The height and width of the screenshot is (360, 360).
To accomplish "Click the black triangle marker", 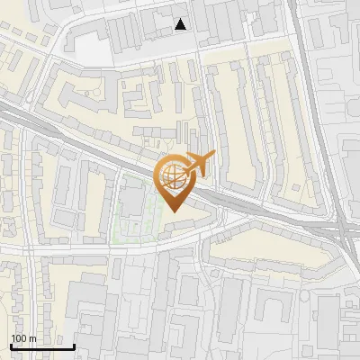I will pos(182,25).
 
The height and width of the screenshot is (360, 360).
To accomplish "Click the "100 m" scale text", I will pos(23,338).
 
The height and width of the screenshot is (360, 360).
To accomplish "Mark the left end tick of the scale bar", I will pos(11,345).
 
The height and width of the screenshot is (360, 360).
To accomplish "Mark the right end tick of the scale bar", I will pos(74,345).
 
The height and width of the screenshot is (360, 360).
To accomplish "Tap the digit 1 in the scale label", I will pos(13,338).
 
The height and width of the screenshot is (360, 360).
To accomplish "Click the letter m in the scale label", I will pos(32,339).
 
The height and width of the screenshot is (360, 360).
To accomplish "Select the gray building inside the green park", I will pos(132,200).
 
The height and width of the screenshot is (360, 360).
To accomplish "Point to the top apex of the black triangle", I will pos(182,19).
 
